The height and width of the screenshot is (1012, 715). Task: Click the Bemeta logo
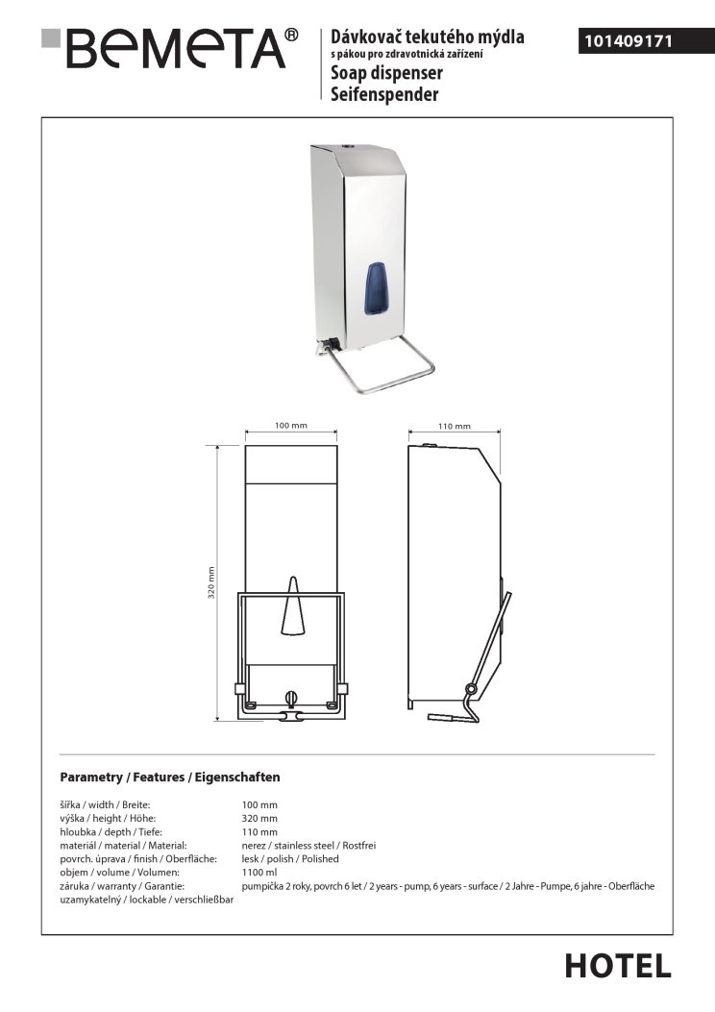coord(170,48)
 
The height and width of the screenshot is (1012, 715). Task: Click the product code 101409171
coord(629,41)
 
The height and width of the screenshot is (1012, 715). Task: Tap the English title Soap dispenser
coord(386,73)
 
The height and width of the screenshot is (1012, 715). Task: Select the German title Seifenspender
coord(384,94)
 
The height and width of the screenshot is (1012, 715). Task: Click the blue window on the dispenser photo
coord(374,288)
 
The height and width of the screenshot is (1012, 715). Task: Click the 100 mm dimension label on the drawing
coord(291,426)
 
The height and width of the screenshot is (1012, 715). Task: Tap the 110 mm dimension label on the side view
coord(455,426)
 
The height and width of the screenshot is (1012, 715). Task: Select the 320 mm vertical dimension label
coord(211,582)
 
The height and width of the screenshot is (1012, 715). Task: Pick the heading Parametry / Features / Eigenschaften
coord(170,778)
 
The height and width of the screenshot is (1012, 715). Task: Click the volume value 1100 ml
coord(259,873)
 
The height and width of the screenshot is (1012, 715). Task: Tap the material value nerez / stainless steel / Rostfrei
coord(308,846)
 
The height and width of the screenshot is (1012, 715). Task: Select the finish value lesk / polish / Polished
coord(290,859)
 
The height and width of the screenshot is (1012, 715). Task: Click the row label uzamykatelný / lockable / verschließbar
coord(146,900)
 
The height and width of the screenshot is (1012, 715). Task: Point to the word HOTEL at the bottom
coord(618,967)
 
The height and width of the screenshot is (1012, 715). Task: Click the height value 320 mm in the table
coord(259,819)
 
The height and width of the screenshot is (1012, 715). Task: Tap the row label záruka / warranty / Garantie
coord(122,886)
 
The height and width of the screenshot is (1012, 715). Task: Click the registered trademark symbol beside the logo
coord(292,35)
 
